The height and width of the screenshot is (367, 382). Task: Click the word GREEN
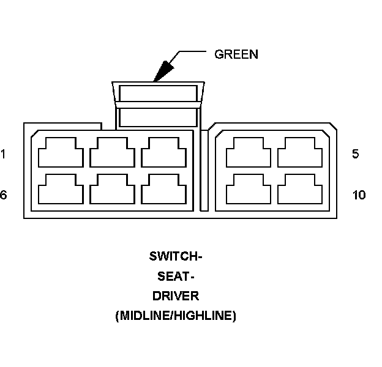coord(236,54)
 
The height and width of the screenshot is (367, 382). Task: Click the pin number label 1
coord(3,154)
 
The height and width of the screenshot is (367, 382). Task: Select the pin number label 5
coord(356,154)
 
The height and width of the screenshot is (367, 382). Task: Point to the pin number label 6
coord(3,195)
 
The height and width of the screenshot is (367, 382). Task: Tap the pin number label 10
coord(359,195)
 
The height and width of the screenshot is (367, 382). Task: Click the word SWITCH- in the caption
coord(175,256)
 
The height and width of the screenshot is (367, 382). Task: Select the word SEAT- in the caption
coord(175,276)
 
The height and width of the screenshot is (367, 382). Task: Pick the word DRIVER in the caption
coord(175,296)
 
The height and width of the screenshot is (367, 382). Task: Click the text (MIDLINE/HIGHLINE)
coord(175,316)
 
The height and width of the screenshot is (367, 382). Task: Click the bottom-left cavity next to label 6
coord(61,191)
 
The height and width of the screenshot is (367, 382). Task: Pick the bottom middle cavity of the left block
coord(112,191)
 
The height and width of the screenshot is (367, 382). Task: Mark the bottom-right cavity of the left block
coord(163,191)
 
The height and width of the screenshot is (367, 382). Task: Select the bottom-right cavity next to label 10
coord(300,191)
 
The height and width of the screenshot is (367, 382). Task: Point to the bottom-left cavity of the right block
coord(249,191)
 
